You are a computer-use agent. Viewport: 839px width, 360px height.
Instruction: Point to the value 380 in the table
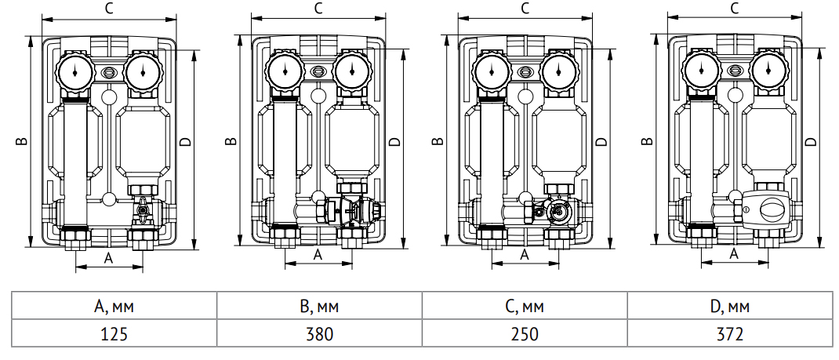(x=319, y=333)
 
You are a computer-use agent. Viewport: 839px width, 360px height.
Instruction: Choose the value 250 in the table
(x=524, y=333)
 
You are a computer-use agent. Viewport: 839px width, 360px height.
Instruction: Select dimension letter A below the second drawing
(x=318, y=254)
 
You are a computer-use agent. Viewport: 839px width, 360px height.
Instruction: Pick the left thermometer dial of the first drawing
(x=73, y=73)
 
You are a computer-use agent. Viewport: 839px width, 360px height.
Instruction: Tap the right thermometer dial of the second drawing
(x=352, y=73)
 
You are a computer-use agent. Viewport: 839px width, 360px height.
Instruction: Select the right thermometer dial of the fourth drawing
(x=768, y=73)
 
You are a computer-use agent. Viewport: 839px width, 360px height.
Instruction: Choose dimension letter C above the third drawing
(x=525, y=9)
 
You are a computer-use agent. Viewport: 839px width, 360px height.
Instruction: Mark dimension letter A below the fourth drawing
(x=735, y=254)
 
